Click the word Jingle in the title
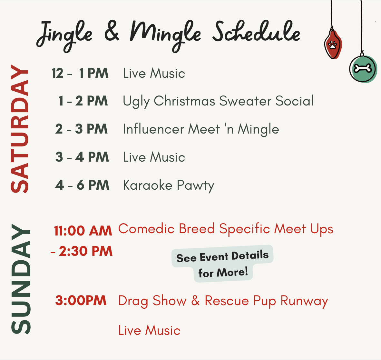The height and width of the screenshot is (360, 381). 64,36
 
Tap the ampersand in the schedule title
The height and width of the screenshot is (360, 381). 112,31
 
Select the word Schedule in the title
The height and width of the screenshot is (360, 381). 256,32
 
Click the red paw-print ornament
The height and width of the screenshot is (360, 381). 333,44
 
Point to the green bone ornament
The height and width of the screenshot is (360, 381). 363,69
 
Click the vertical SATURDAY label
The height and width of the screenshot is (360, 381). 20,129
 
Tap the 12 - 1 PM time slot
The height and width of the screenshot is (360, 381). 80,73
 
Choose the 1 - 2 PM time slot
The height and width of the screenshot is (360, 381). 83,101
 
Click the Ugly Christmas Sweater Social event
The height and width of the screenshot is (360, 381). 218,101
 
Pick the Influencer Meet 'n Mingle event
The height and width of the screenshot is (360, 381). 201,129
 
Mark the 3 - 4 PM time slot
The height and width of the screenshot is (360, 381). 82,157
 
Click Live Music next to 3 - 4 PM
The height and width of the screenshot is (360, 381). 154,157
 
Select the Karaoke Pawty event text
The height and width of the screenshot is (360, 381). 169,185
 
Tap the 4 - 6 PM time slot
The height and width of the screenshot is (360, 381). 82,185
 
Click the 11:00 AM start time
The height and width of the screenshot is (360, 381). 83,231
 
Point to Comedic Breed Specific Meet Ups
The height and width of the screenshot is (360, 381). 226,229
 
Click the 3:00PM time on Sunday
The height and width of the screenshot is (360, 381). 81,300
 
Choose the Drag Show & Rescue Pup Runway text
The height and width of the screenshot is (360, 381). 223,301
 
